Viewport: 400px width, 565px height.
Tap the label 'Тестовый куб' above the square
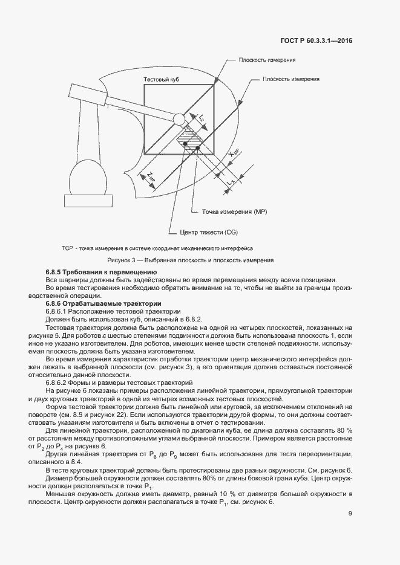(161, 80)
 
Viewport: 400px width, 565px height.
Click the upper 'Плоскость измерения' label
(267, 60)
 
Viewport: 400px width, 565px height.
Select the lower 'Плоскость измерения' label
(292, 79)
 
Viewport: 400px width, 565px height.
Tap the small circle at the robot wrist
(179, 119)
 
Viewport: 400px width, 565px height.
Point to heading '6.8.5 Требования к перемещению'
(102, 273)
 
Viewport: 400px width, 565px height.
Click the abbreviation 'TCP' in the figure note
(67, 248)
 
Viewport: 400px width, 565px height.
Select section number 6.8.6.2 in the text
(59, 383)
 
